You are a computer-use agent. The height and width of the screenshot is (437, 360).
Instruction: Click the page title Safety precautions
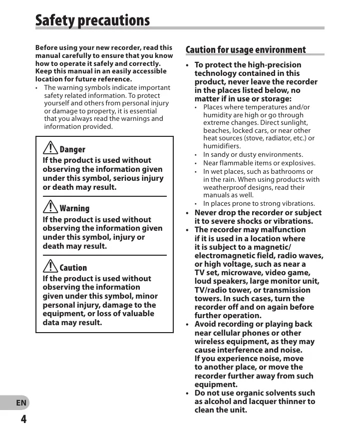coord(92,20)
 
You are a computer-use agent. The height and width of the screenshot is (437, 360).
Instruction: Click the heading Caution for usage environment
coord(245,49)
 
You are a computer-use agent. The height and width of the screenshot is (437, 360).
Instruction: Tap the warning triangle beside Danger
coord(50,147)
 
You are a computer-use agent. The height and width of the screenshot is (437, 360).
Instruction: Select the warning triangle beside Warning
coord(50,206)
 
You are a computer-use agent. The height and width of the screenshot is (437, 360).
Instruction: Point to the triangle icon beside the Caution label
coord(50,266)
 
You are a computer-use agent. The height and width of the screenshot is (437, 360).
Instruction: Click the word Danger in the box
coord(72,149)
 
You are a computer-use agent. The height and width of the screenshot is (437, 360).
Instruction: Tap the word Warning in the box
coord(74,208)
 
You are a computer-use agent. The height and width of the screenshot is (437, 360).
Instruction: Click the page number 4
coord(23,419)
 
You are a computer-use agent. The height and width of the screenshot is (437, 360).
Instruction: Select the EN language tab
coord(21,403)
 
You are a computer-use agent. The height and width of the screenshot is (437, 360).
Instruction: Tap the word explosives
coord(298,163)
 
